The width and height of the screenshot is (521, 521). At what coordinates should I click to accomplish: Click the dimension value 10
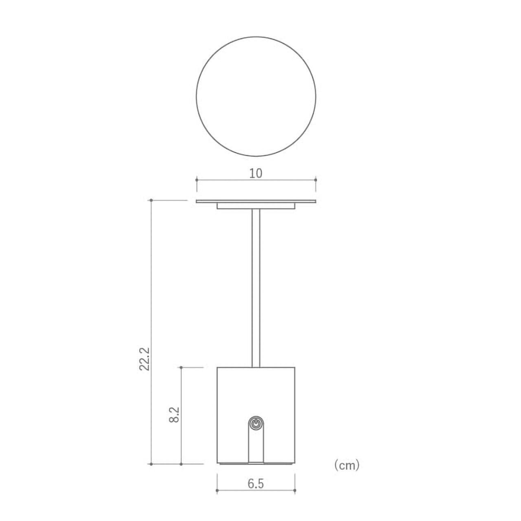coord(256,173)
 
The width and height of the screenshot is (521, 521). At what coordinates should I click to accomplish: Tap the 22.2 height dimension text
coord(144,359)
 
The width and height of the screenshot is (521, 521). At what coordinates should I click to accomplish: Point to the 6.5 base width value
coord(256,484)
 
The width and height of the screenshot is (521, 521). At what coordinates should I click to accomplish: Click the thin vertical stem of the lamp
coord(256,288)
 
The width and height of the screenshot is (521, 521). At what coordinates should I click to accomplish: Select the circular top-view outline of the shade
coord(256,37)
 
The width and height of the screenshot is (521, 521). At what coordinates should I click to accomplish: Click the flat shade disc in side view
coord(256,201)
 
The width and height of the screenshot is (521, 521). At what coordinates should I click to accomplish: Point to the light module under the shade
coord(256,206)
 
